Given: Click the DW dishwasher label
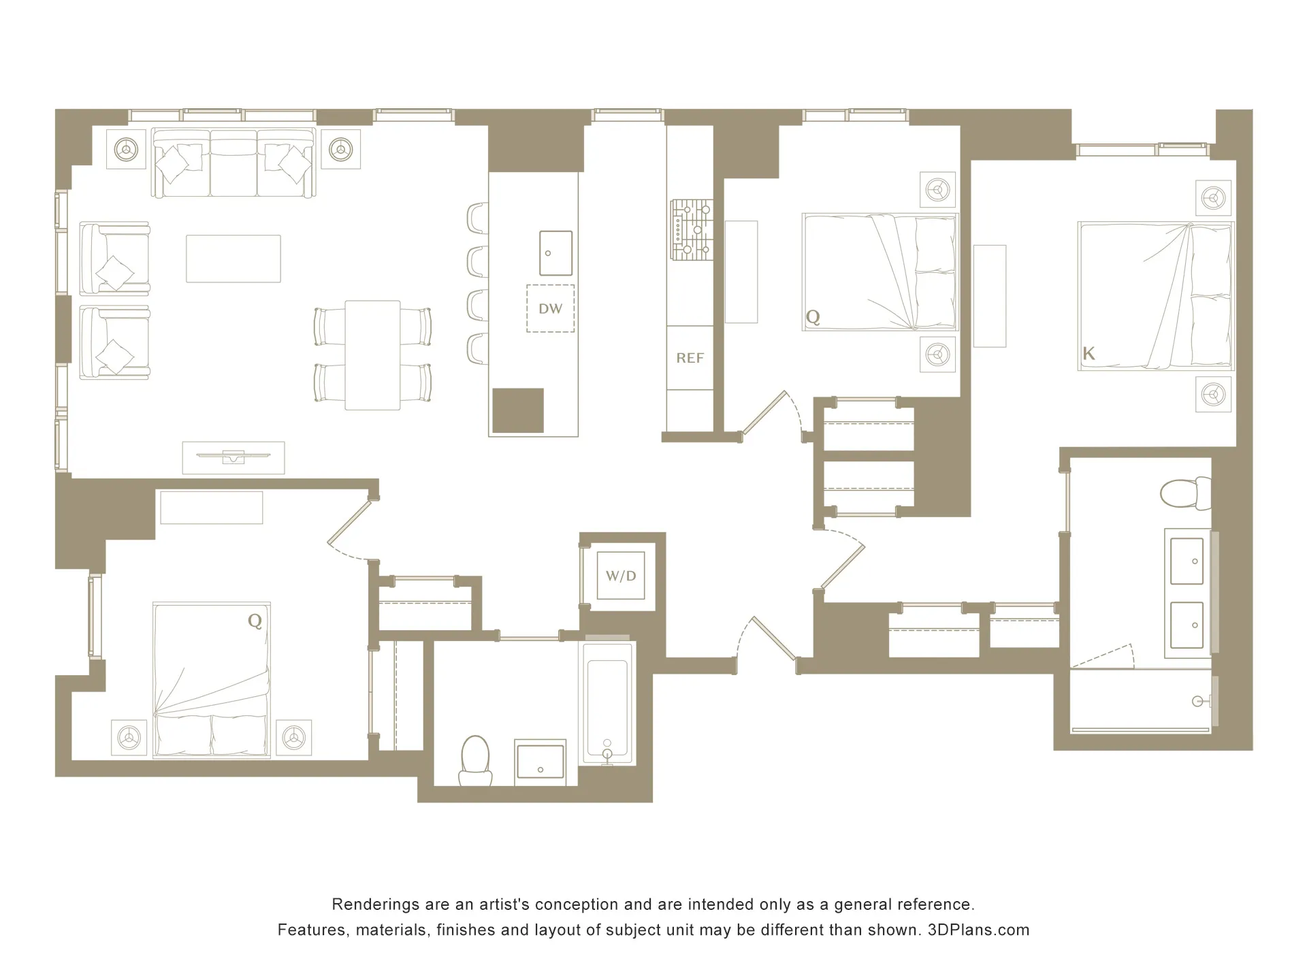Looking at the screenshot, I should pos(550,309).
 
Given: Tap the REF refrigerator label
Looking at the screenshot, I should pos(690,358).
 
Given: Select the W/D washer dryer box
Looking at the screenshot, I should pos(621,576).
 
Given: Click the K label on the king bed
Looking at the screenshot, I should pos(1088,353).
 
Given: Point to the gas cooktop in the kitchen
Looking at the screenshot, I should pos(692,230).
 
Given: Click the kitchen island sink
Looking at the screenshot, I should pos(555,253).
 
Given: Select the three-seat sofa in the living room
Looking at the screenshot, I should pos(233,163).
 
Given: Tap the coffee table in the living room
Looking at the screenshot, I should pos(233,259).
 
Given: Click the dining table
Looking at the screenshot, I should pos(372,355).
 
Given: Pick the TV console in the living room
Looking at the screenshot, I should pos(233,457).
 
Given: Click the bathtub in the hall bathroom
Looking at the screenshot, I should pos(608,704).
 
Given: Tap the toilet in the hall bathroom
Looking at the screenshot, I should pos(476,759).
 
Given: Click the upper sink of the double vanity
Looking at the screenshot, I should pos(1187,561).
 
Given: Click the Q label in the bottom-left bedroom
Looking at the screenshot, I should pos(255,621).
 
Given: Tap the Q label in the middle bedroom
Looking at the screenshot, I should pos(813,317).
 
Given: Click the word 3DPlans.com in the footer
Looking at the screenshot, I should pos(978,930).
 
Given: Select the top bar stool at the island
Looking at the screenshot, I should pos(478,218).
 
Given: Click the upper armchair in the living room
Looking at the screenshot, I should pos(114,259).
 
